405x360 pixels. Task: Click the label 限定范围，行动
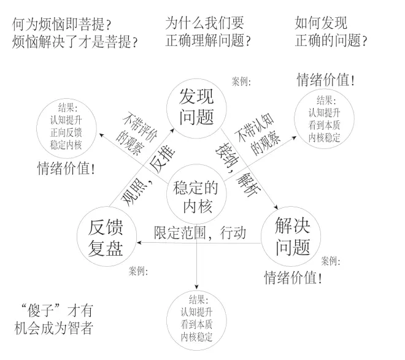(x=199, y=232)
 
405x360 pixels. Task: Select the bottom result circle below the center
(x=196, y=320)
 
